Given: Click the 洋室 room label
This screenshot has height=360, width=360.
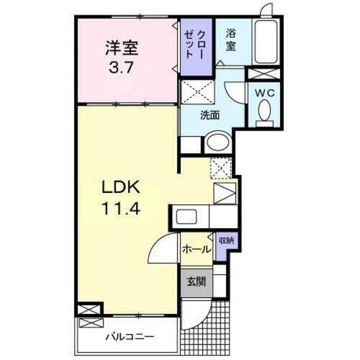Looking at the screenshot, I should [122, 48].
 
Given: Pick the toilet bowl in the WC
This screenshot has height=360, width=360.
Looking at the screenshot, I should [264, 111].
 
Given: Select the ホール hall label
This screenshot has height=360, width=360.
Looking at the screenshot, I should [196, 249].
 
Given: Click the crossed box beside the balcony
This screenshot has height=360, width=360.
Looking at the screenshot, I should [88, 309].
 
